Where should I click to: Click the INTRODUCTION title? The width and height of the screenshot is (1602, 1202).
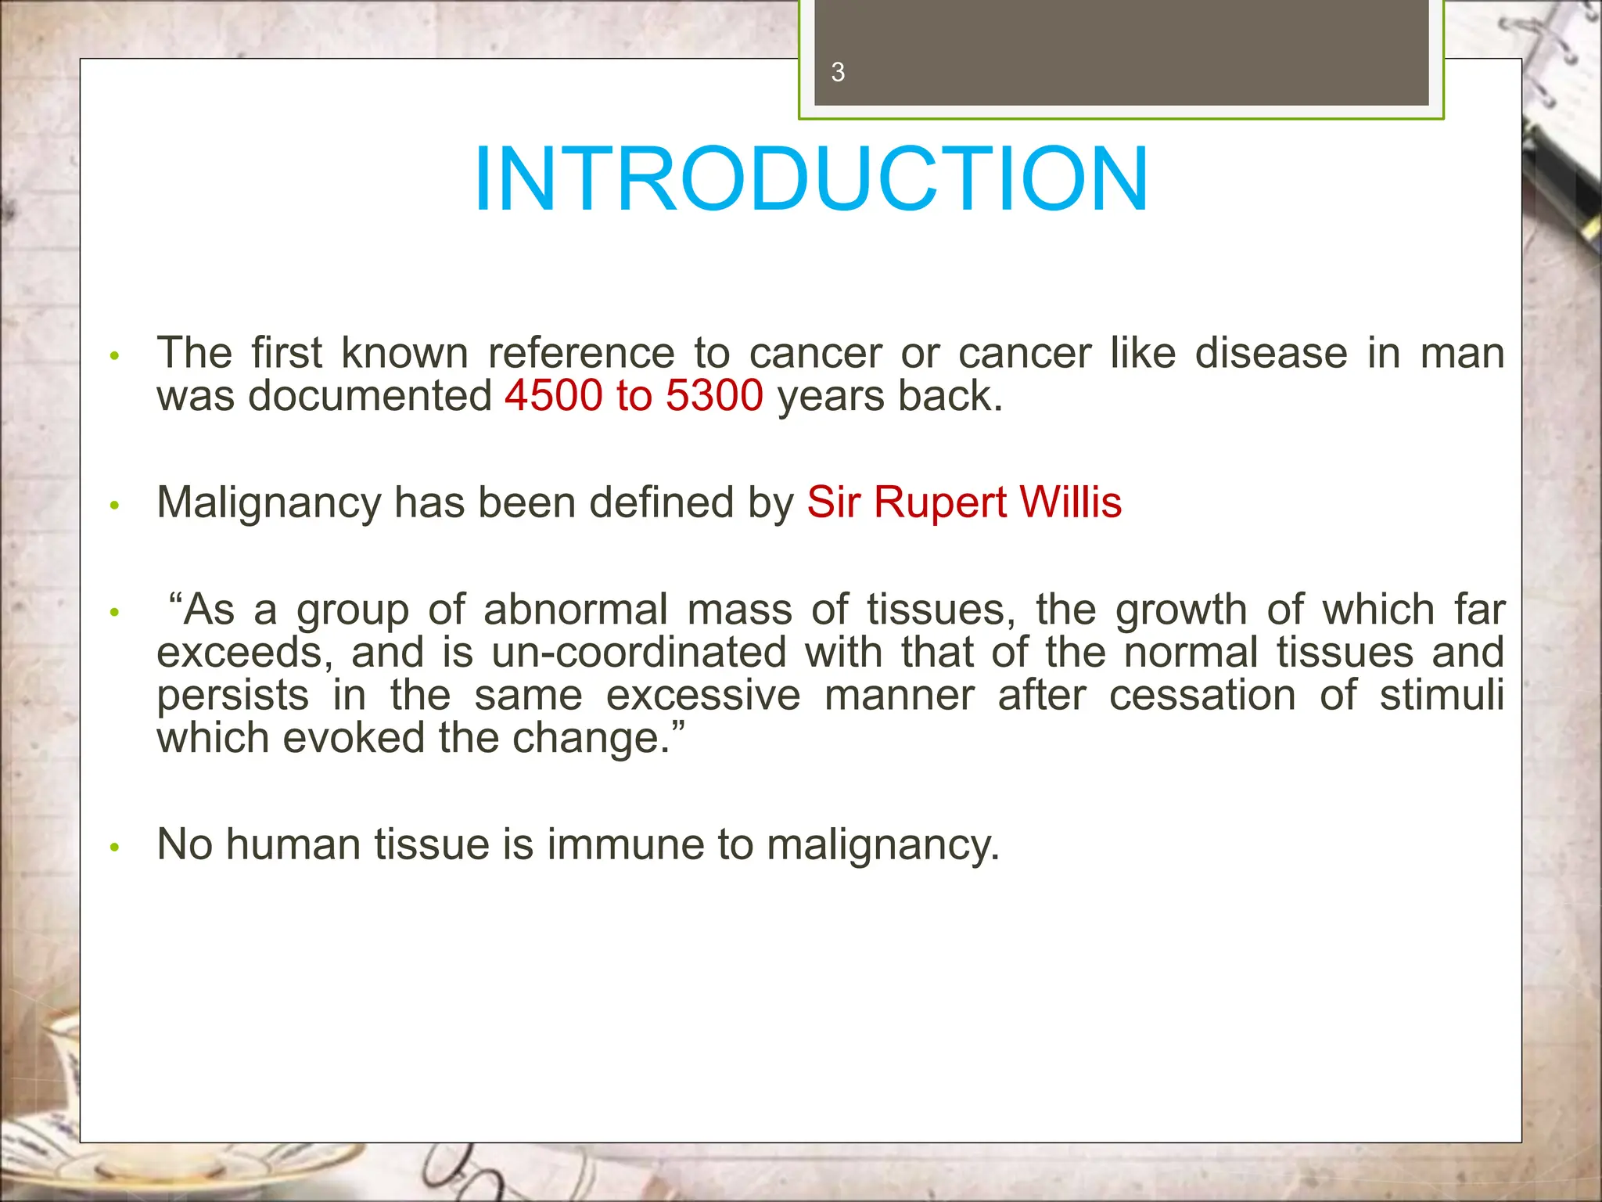click(x=810, y=179)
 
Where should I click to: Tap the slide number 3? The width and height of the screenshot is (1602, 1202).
click(x=838, y=73)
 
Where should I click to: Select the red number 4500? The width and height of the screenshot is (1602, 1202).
click(x=553, y=396)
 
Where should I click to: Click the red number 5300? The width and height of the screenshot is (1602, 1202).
click(x=714, y=396)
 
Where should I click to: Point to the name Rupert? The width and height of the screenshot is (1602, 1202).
click(x=939, y=502)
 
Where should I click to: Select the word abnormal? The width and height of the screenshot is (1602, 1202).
click(x=575, y=610)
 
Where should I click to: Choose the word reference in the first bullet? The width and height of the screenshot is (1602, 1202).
click(x=580, y=354)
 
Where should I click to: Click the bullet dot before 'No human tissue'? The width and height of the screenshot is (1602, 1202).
click(x=115, y=848)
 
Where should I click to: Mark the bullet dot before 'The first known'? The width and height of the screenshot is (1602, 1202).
click(x=115, y=357)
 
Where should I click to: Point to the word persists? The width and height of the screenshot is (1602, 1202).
click(x=232, y=696)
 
